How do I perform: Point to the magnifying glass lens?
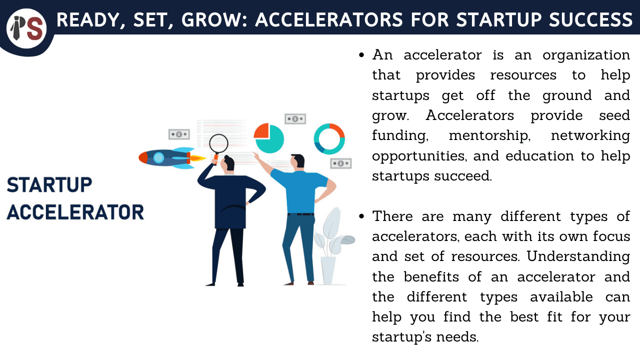[218, 143]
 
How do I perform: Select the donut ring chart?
[329, 138]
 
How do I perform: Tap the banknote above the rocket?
[178, 134]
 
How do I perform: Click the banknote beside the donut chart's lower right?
[340, 163]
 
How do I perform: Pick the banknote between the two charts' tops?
[295, 119]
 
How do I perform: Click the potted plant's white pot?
[328, 270]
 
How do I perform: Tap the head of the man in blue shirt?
[297, 161]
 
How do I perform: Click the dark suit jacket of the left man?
[229, 200]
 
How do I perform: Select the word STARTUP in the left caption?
[49, 185]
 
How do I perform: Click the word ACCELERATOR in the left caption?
[75, 212]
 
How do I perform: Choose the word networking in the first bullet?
[590, 135]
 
